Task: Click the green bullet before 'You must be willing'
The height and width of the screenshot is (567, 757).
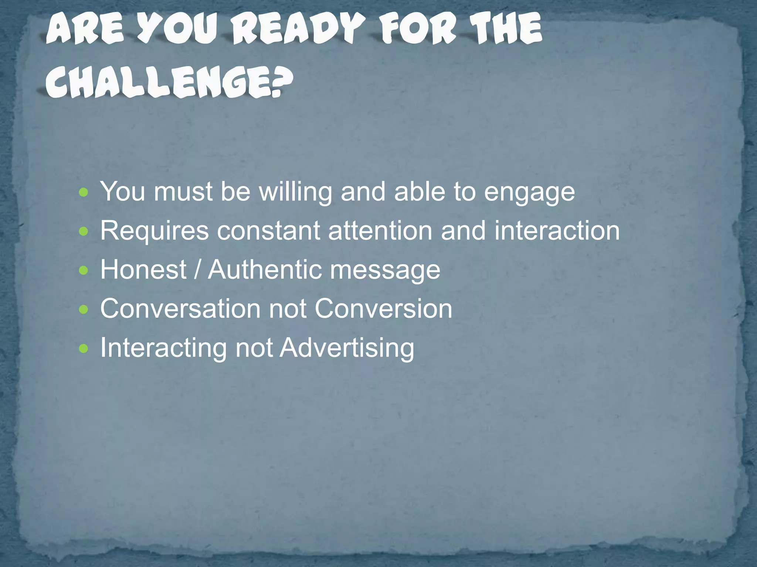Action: coord(84,192)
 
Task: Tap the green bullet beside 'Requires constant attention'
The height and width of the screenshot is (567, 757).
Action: coord(84,231)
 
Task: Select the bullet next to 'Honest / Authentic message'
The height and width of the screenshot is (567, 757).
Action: coord(84,271)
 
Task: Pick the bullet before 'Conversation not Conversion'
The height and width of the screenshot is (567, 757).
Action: coord(84,309)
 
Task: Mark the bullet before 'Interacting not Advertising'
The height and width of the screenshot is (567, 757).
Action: coord(84,348)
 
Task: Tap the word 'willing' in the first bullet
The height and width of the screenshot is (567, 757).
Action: coord(295,192)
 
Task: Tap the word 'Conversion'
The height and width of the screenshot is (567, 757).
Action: coord(383,308)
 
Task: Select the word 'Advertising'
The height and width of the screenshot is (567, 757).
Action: coord(347,348)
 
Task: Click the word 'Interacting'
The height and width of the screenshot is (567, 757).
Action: coord(163,348)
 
